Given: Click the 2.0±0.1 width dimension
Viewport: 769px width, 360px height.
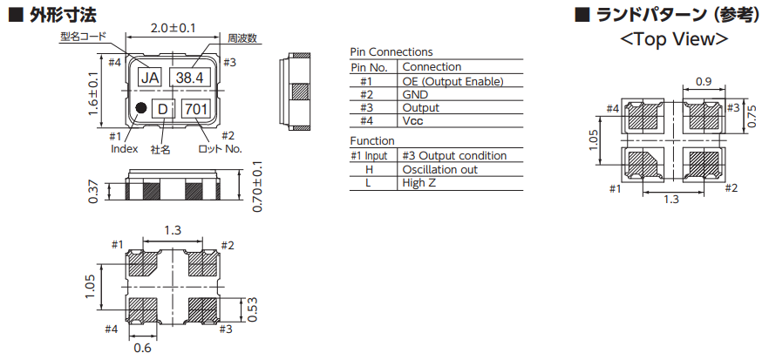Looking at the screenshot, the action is click(173, 28).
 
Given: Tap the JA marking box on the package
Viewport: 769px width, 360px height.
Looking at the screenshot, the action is click(150, 78).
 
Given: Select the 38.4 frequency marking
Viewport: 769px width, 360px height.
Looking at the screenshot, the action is click(190, 77).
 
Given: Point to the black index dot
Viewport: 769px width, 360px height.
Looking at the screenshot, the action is click(141, 108).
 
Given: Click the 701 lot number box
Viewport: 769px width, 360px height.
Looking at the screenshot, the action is click(197, 109).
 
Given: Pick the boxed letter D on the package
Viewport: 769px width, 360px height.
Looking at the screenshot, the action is click(163, 109).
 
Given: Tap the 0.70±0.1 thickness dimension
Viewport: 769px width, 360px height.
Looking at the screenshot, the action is click(257, 187).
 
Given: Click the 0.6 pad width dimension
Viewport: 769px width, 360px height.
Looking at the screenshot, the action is click(143, 349).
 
